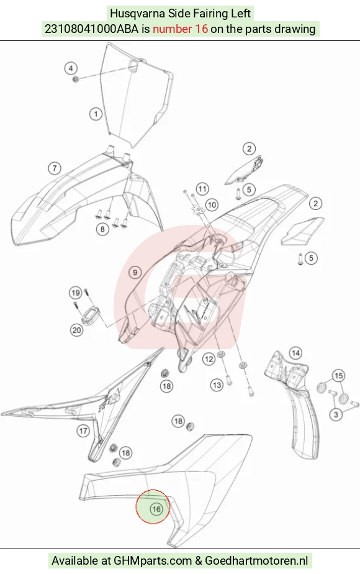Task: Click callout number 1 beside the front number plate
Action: pos(96,114)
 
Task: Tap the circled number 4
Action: pos(71,68)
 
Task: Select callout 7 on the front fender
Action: pos(55,168)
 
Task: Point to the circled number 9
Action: pos(135,272)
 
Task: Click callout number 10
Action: pos(212,204)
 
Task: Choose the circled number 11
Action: pos(202,189)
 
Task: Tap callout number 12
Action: pos(209,359)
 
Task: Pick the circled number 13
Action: pos(217,385)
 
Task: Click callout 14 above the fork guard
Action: pos(295,353)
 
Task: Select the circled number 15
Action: pos(339,376)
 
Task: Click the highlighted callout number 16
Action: pos(156,509)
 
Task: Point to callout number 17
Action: pos(83,430)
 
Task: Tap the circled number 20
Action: pos(76,330)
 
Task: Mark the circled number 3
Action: pos(336,414)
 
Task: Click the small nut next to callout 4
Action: pos(76,79)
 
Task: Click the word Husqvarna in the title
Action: pos(137,14)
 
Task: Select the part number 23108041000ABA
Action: pos(91,29)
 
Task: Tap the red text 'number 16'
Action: pos(180,29)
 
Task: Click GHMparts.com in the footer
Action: pos(153,560)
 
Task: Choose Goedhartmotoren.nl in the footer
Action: pos(256,560)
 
